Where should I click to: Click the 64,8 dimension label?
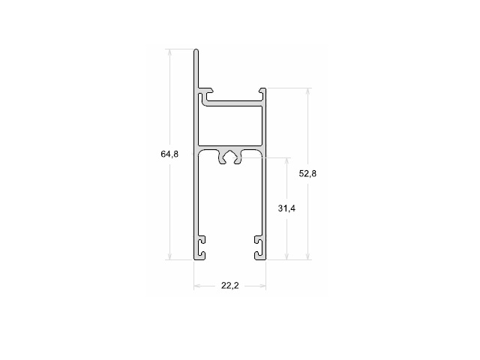click(x=169, y=154)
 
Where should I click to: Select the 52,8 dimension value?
click(x=307, y=173)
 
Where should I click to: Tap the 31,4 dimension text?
click(x=286, y=208)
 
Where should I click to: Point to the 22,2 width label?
click(x=230, y=285)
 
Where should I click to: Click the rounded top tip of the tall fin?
click(x=196, y=49)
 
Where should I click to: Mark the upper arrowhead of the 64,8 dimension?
click(x=170, y=52)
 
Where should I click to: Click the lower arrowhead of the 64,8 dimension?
click(x=170, y=256)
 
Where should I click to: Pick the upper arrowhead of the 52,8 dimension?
click(x=308, y=91)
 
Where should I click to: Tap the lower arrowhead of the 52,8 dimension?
click(x=308, y=256)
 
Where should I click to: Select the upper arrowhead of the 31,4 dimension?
click(x=286, y=161)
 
